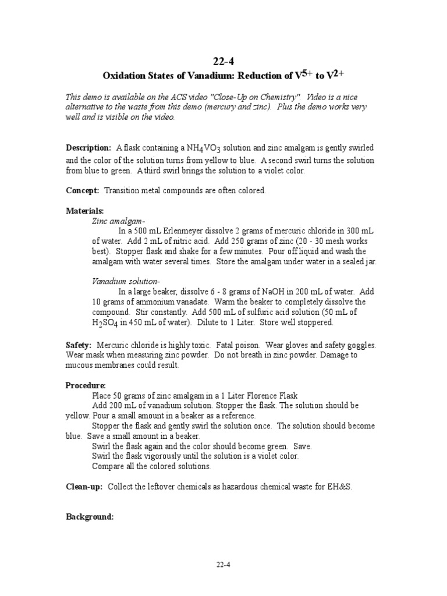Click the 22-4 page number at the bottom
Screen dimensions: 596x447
223,564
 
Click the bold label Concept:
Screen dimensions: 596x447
83,191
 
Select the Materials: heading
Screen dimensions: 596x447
85,211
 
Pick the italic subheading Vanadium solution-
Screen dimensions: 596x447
126,281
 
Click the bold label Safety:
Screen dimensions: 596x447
79,345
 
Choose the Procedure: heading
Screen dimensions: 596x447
86,385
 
